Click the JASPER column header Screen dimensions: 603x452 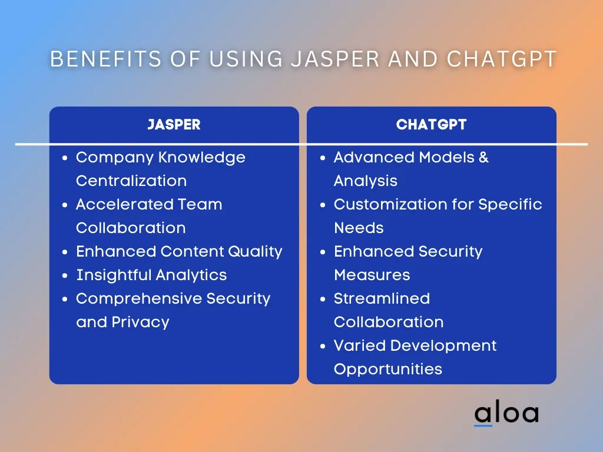[x=174, y=125]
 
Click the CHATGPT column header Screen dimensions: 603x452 [x=432, y=125]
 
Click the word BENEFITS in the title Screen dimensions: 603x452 [x=106, y=59]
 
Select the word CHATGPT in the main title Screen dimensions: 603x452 [x=502, y=59]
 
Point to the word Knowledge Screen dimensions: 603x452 [x=202, y=158]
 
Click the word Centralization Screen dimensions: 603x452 [x=131, y=181]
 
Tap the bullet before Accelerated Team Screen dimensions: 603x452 [x=65, y=205]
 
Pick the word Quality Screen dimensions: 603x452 [x=256, y=252]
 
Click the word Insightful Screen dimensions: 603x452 [x=113, y=275]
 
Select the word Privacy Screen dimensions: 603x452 [x=140, y=323]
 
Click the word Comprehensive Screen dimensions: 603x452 [x=139, y=298]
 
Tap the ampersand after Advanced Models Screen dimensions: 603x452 [x=483, y=157]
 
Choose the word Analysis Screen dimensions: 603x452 [x=366, y=181]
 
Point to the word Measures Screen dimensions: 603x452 [x=372, y=275]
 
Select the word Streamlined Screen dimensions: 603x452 [x=382, y=298]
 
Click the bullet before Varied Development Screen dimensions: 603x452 [x=323, y=346]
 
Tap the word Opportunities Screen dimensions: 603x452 [x=388, y=370]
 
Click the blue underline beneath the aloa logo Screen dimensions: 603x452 [x=483, y=426]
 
